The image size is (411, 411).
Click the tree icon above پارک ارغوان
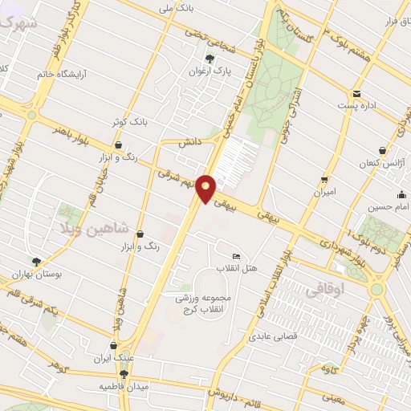pyautogui.click(x=210, y=58)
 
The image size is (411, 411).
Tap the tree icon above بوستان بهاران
pyautogui.click(x=35, y=261)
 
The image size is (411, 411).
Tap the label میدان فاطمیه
pyautogui.click(x=124, y=386)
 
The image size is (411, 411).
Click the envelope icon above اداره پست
pyautogui.click(x=356, y=94)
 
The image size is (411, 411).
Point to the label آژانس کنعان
pyautogui.click(x=359, y=163)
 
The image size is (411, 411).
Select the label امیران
pyautogui.click(x=324, y=192)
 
